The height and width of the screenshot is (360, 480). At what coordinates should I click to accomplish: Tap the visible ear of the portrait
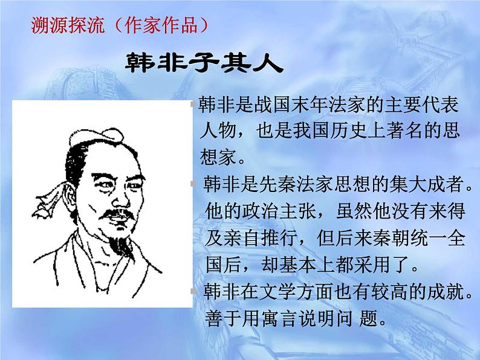(x=72, y=181)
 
